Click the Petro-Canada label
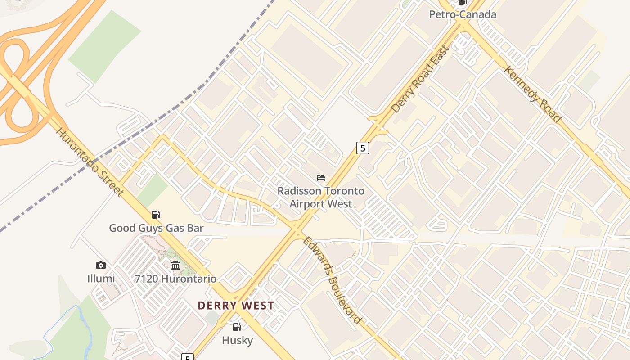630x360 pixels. click(463, 14)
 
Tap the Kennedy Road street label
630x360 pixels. click(533, 94)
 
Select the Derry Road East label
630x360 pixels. click(420, 79)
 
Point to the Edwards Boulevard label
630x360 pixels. click(332, 279)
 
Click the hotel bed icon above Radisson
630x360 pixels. click(321, 178)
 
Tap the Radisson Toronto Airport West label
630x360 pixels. click(321, 197)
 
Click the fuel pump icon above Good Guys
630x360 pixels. click(156, 214)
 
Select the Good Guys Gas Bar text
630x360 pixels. click(156, 228)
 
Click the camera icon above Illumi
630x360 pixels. click(101, 265)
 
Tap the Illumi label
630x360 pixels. click(101, 279)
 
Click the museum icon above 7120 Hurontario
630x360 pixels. click(175, 265)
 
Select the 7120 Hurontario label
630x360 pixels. click(175, 279)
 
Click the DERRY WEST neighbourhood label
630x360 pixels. click(236, 306)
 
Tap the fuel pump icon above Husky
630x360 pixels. click(237, 327)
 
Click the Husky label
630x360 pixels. click(237, 340)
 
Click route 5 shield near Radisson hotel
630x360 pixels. click(363, 148)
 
